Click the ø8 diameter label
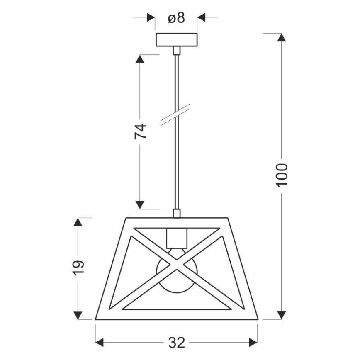(x=176, y=18)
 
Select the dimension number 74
(x=141, y=131)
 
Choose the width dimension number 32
(x=176, y=343)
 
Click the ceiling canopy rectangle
(x=176, y=40)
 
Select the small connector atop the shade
(x=176, y=213)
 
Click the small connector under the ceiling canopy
(x=176, y=51)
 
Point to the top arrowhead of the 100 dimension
(x=282, y=37)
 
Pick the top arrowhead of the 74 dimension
(x=141, y=59)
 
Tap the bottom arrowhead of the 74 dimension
(x=141, y=204)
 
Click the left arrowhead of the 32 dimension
(x=100, y=343)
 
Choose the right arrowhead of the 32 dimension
(x=253, y=343)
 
